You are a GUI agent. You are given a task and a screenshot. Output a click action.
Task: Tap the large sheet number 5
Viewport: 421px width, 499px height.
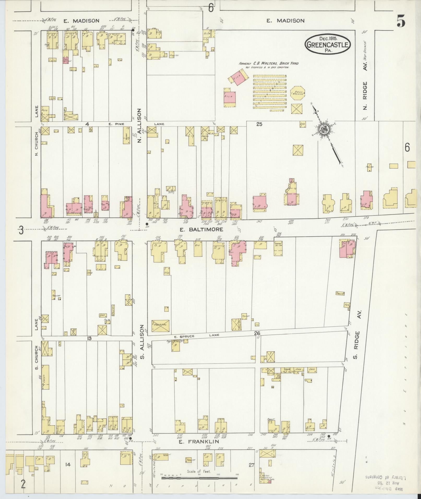click(401, 21)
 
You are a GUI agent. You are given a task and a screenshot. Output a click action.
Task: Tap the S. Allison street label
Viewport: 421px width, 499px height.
click(143, 342)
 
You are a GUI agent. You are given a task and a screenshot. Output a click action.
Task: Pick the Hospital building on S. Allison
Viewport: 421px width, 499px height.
click(161, 326)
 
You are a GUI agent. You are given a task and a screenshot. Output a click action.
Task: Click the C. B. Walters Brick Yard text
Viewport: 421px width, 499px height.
click(269, 64)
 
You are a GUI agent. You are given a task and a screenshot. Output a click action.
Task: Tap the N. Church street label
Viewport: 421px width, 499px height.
click(36, 145)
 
